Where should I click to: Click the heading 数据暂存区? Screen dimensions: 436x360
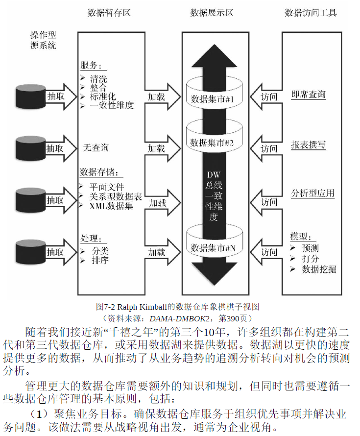pos(109,13)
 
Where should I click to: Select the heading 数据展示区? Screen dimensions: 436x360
pos(212,13)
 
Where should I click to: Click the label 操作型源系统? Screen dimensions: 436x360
pos(43,40)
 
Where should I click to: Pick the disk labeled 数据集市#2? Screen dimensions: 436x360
pos(213,143)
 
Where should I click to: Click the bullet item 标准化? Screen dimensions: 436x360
pos(103,97)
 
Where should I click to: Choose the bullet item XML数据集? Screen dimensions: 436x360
pos(111,206)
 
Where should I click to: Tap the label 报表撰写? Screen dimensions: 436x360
pos(309,145)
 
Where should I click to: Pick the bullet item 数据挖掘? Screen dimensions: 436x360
pos(319,269)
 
